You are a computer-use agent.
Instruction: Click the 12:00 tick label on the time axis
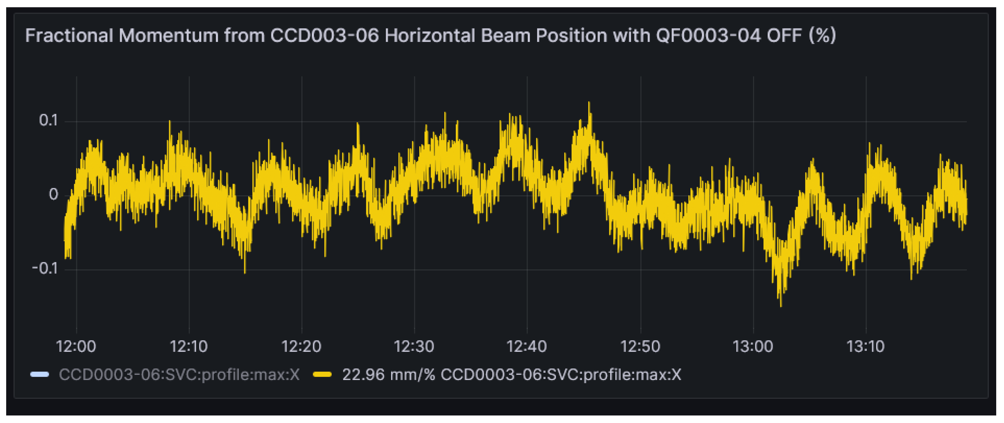pos(76,346)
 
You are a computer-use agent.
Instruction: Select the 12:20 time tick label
pos(301,346)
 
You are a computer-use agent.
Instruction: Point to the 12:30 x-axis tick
pos(414,346)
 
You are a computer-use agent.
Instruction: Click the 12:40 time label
pos(526,346)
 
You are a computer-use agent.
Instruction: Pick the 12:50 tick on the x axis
pos(640,346)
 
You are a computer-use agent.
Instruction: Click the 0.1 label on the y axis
pos(48,121)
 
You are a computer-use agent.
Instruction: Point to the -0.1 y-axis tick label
pos(45,268)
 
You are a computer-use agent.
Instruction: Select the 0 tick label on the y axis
pos(53,194)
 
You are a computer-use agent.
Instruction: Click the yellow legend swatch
pos(322,375)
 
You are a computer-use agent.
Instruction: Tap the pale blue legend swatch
pos(40,375)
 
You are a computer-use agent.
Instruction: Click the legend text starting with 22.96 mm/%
pos(511,375)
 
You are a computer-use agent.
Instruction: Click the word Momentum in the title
pos(168,35)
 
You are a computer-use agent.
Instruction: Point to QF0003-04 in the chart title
pos(708,35)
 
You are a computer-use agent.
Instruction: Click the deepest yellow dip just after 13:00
pos(781,305)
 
